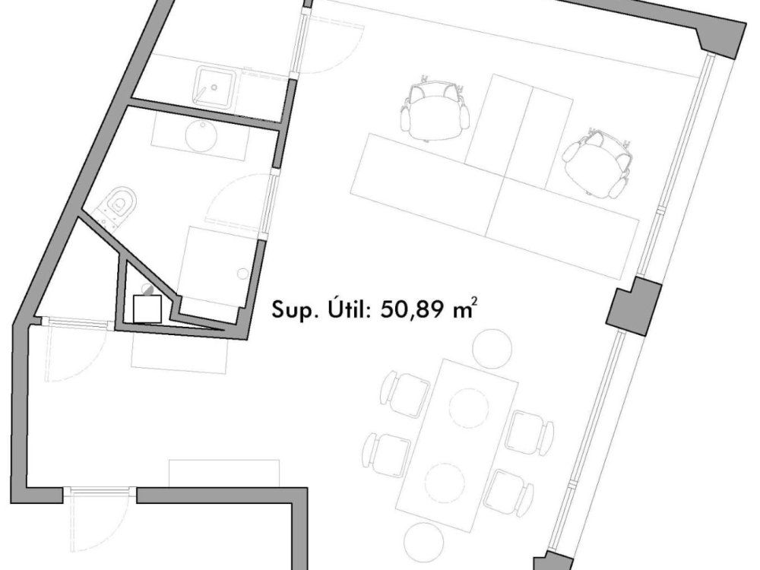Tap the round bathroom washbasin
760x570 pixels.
pos(201,136)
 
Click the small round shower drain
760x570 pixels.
pos(243,274)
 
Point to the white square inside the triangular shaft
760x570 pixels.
pos(147,309)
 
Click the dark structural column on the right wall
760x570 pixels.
pos(634,306)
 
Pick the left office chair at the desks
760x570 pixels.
pos(435,111)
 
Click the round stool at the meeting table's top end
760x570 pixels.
pos(492,349)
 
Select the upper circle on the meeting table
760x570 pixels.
pos(469,407)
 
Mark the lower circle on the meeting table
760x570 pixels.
pos(445,483)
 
